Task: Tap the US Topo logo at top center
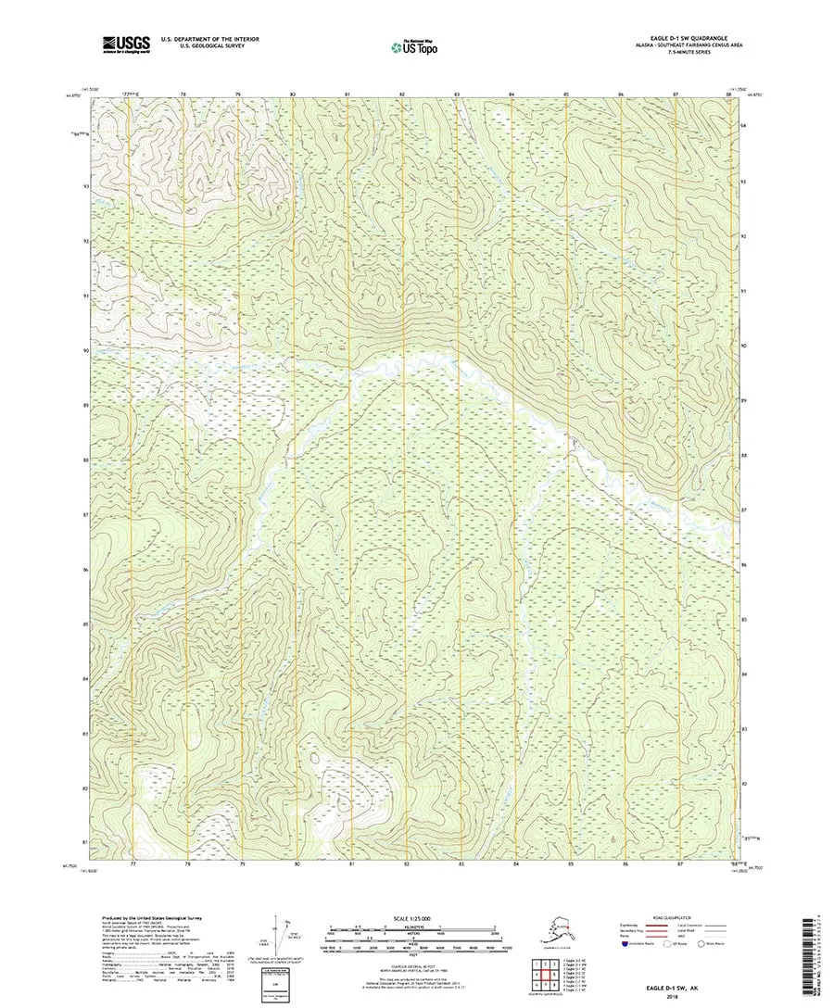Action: pyautogui.click(x=415, y=44)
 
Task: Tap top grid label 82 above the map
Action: pyautogui.click(x=403, y=94)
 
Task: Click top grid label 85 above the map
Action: pyautogui.click(x=566, y=94)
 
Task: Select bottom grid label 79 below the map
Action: pyautogui.click(x=242, y=863)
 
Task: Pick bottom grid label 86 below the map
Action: pyautogui.click(x=625, y=863)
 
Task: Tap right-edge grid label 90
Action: pyautogui.click(x=744, y=345)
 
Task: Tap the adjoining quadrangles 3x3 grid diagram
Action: pyautogui.click(x=545, y=974)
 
